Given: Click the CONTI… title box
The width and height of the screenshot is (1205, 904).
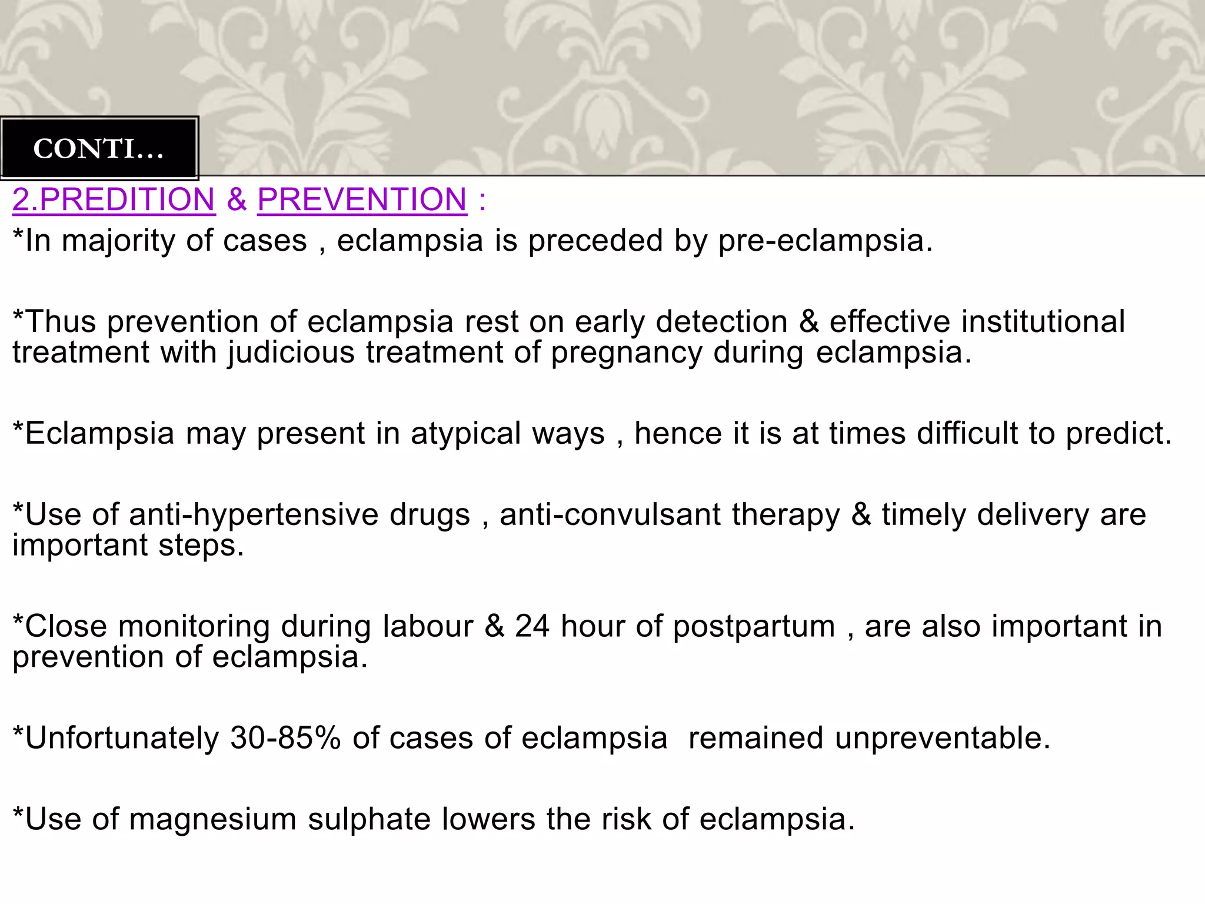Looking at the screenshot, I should pos(99,148).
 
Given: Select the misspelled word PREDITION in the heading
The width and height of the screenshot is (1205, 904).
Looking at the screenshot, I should pos(127,200).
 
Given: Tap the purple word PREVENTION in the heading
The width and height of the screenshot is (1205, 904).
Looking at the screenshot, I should pos(362,200).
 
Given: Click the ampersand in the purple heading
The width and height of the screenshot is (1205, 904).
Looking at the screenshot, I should pos(237,200).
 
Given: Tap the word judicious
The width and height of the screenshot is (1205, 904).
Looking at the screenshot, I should pos(291,353).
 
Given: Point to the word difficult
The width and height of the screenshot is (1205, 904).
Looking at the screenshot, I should pos(967,433).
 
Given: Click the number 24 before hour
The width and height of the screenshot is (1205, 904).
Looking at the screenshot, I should pos(532,626).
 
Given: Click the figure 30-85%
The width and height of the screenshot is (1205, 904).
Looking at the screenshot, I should pos(285,738).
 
